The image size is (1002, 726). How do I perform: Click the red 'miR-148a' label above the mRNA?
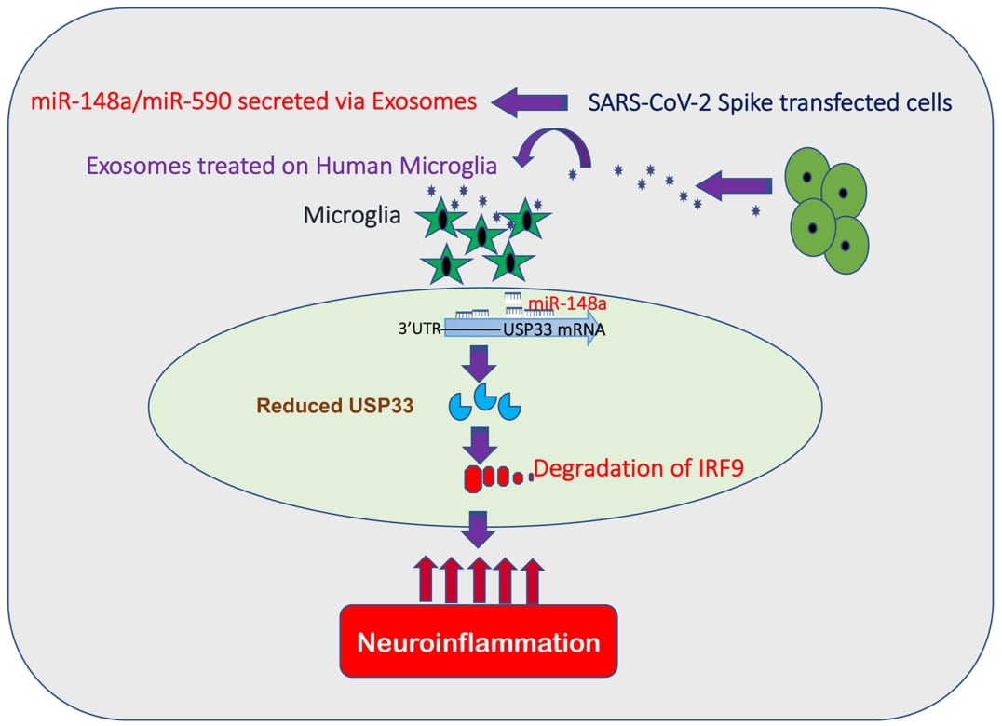coord(562,304)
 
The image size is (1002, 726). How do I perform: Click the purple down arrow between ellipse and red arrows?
coord(478,529)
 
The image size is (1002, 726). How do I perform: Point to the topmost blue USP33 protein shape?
coord(485,397)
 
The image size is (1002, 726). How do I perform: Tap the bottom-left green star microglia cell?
coord(444,264)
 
